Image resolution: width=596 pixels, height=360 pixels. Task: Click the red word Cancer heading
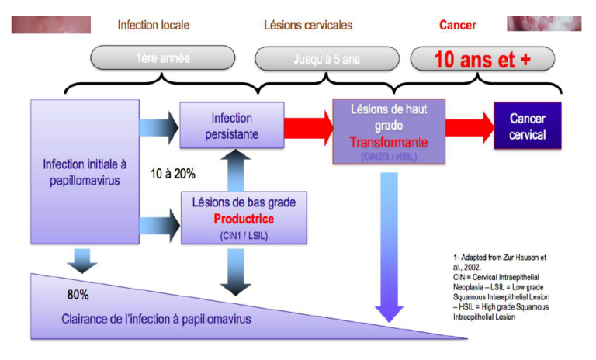[457, 25]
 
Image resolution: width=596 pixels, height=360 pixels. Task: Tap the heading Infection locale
[153, 25]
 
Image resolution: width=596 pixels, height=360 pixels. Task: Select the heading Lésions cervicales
[307, 25]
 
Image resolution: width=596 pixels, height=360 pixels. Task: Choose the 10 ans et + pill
[482, 58]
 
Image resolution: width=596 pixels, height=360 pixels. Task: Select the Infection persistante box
[230, 126]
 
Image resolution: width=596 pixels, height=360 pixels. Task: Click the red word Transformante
[388, 143]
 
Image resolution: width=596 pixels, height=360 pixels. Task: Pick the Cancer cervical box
[528, 126]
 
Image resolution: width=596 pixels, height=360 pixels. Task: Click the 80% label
[78, 296]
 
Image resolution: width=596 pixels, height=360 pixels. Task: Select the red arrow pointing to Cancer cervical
[469, 127]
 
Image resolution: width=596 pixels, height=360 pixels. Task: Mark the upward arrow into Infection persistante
[230, 169]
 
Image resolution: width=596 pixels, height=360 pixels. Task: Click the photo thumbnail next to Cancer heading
[543, 23]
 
